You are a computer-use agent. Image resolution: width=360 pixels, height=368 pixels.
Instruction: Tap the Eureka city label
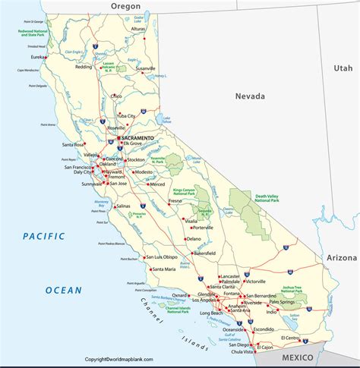point(33,55)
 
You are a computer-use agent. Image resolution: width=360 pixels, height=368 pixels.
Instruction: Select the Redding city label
point(84,67)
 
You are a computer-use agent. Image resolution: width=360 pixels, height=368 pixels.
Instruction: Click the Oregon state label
point(126,6)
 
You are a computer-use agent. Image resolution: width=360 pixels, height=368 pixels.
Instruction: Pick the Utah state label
point(343,68)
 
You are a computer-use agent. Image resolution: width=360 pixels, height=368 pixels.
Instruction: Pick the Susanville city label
point(145,68)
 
